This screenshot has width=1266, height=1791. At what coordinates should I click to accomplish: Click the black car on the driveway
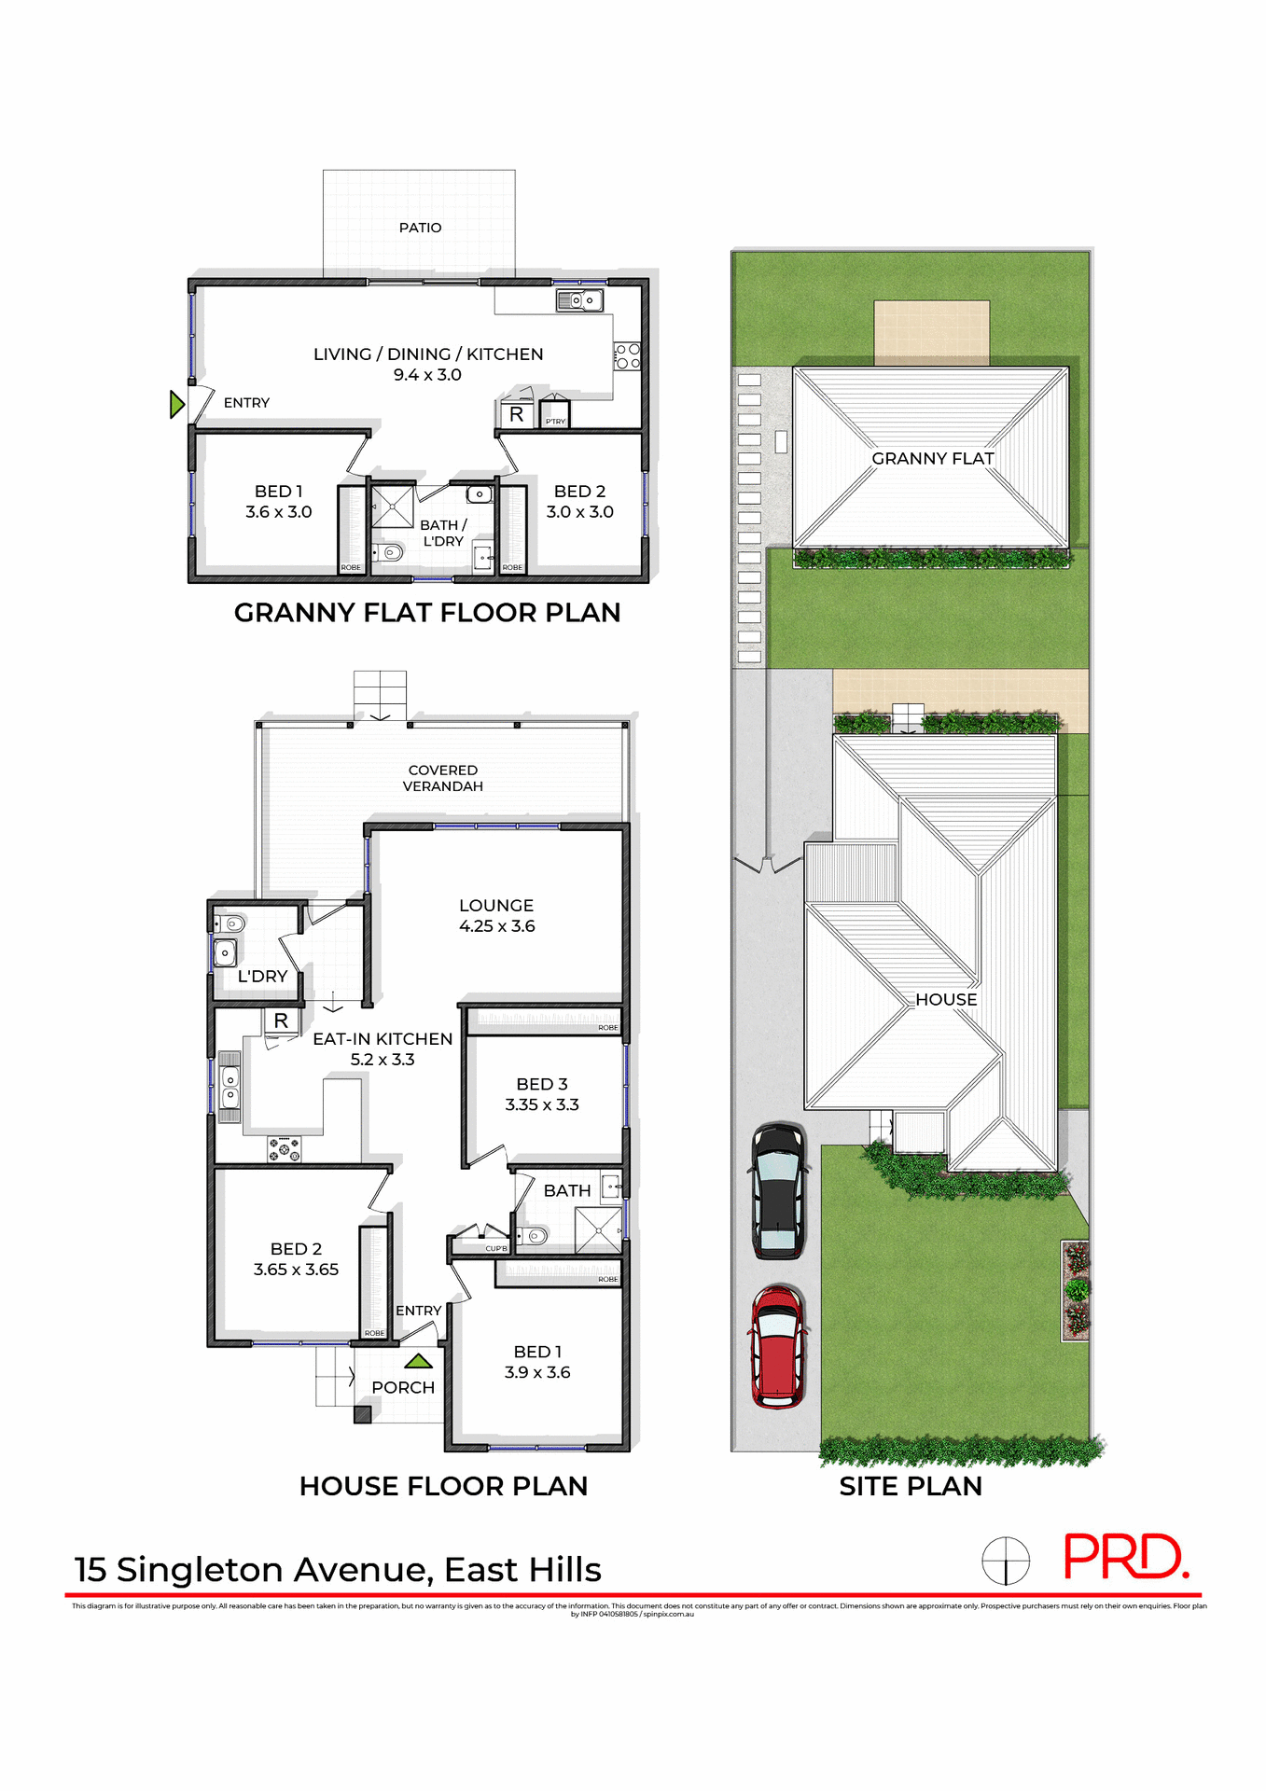coord(777,1190)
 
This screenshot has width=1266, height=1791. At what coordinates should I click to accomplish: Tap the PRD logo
coord(1125,1557)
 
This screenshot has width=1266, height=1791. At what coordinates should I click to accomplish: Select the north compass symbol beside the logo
coord(1005,1560)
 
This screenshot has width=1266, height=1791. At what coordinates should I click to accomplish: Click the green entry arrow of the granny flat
coord(176,405)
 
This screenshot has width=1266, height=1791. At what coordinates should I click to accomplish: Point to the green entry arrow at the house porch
coord(419,1361)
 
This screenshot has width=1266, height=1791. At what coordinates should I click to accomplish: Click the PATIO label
coord(420,228)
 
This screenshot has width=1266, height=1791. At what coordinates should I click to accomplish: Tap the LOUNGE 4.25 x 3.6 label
coord(496,915)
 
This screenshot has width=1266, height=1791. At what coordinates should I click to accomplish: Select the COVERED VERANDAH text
coord(442,778)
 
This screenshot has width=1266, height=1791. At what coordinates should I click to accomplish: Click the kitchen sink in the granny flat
coord(579,300)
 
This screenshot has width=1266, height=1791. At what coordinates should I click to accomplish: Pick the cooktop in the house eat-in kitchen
coord(285,1149)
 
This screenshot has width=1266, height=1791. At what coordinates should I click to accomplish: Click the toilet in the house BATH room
coord(535,1236)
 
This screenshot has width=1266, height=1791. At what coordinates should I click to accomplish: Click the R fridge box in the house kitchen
coord(281,1020)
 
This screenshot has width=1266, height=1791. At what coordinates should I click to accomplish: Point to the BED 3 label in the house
coord(542,1084)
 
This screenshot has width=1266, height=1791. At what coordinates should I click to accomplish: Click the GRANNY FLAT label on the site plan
coord(932,458)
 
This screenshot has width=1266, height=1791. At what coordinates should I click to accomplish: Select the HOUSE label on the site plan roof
coord(945,999)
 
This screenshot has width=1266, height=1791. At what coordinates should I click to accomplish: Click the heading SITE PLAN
coord(910,1486)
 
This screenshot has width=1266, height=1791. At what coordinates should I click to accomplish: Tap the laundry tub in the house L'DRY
coord(225,953)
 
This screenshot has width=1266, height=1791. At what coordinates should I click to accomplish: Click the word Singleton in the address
coord(200,1570)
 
